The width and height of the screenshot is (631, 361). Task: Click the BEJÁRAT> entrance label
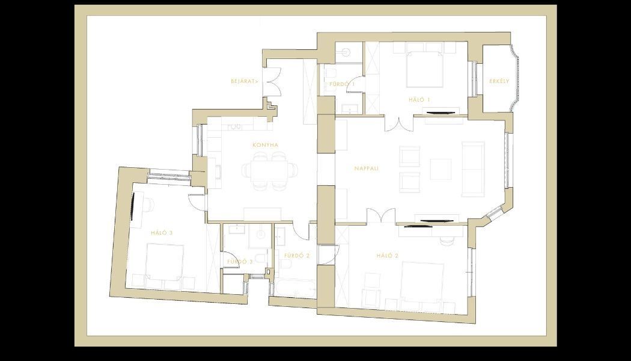pyautogui.click(x=245, y=81)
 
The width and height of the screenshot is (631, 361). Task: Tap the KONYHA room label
pyautogui.click(x=265, y=145)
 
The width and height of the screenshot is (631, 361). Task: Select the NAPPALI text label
pyautogui.click(x=367, y=168)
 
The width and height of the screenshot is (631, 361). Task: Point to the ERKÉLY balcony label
pyautogui.click(x=499, y=81)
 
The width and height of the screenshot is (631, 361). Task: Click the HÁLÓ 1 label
pyautogui.click(x=419, y=100)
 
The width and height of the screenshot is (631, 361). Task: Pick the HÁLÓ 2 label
pyautogui.click(x=388, y=256)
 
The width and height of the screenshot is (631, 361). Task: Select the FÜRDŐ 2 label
pyautogui.click(x=296, y=256)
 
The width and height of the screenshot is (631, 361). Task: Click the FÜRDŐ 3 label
pyautogui.click(x=239, y=262)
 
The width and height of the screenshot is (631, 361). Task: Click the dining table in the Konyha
pyautogui.click(x=269, y=170)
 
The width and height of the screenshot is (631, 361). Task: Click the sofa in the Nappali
pyautogui.click(x=473, y=169)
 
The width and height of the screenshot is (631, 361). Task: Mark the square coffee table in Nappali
pyautogui.click(x=440, y=169)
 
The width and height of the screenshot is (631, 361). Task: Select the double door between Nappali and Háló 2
pyautogui.click(x=381, y=216)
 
